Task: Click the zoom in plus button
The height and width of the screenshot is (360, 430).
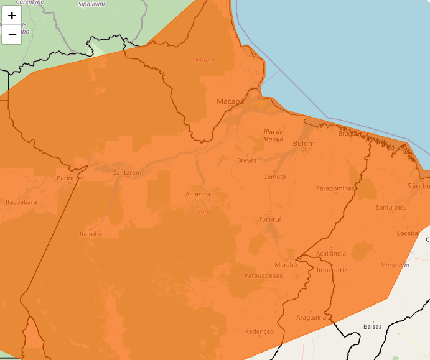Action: point(12,16)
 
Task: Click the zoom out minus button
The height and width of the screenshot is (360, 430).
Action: point(12,34)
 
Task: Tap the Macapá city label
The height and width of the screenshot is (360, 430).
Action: point(230,101)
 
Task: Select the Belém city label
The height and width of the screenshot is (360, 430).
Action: point(304,144)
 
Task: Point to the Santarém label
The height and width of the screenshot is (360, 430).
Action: point(128,172)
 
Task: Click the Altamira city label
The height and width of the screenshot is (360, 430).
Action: point(198,194)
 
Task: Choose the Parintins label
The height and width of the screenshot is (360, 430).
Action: point(69,178)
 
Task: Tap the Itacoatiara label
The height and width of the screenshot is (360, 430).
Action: point(21,202)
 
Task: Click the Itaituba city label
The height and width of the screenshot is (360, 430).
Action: point(91,234)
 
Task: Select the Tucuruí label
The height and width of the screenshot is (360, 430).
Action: point(270,219)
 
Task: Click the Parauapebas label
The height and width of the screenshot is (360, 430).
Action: point(263,275)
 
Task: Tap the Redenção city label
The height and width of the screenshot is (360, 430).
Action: point(259,331)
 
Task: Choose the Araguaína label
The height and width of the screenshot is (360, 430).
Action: point(311,317)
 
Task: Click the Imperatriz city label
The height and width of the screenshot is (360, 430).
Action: point(332,270)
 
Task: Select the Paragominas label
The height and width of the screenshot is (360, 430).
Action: point(335,188)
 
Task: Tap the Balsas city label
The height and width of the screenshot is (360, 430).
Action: point(372,326)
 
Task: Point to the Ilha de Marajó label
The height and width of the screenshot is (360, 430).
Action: point(274,136)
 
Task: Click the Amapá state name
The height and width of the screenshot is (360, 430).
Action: point(204,60)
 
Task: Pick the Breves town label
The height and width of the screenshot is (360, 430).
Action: point(246,160)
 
